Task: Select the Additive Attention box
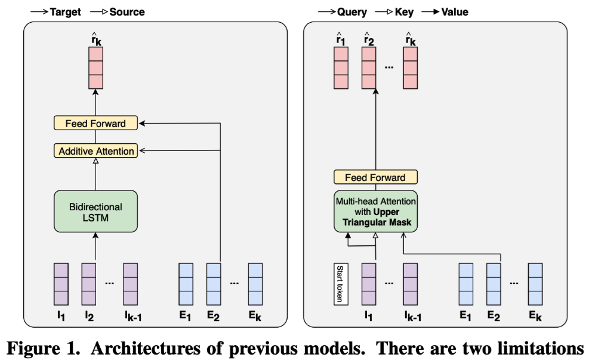pos(95,151)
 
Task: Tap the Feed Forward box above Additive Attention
pos(95,124)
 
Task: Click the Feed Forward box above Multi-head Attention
pos(376,177)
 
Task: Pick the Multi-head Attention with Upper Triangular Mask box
pos(376,211)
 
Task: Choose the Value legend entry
pos(454,11)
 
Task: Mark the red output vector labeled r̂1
pos(341,67)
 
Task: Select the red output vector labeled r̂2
pos(370,67)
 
